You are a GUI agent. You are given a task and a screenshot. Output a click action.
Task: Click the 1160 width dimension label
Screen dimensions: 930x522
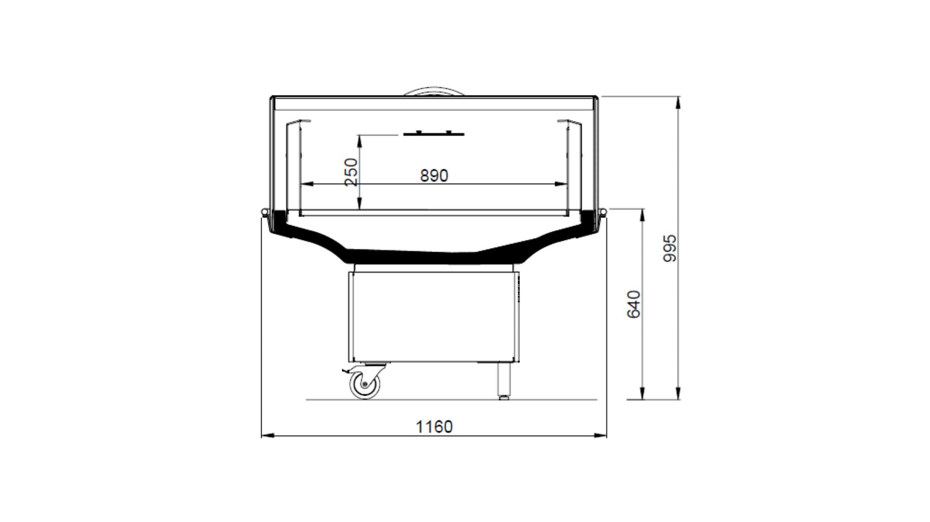point(434,427)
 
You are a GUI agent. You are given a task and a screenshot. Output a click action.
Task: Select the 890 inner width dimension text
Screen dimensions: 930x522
point(434,176)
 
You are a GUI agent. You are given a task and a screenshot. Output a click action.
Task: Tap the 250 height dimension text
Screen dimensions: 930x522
point(351,172)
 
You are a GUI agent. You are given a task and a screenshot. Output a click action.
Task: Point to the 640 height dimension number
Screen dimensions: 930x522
point(634,304)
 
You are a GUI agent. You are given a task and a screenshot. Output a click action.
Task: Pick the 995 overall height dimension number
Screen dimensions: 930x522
point(670,249)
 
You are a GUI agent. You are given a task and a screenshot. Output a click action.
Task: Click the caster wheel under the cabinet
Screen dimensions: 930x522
point(365,384)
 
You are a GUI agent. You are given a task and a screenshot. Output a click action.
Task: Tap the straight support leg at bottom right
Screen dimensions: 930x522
point(503,380)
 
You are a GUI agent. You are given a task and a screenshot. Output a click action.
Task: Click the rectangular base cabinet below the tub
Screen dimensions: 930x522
point(434,317)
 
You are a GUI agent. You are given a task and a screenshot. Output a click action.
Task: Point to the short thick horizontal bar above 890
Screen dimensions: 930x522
point(434,134)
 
